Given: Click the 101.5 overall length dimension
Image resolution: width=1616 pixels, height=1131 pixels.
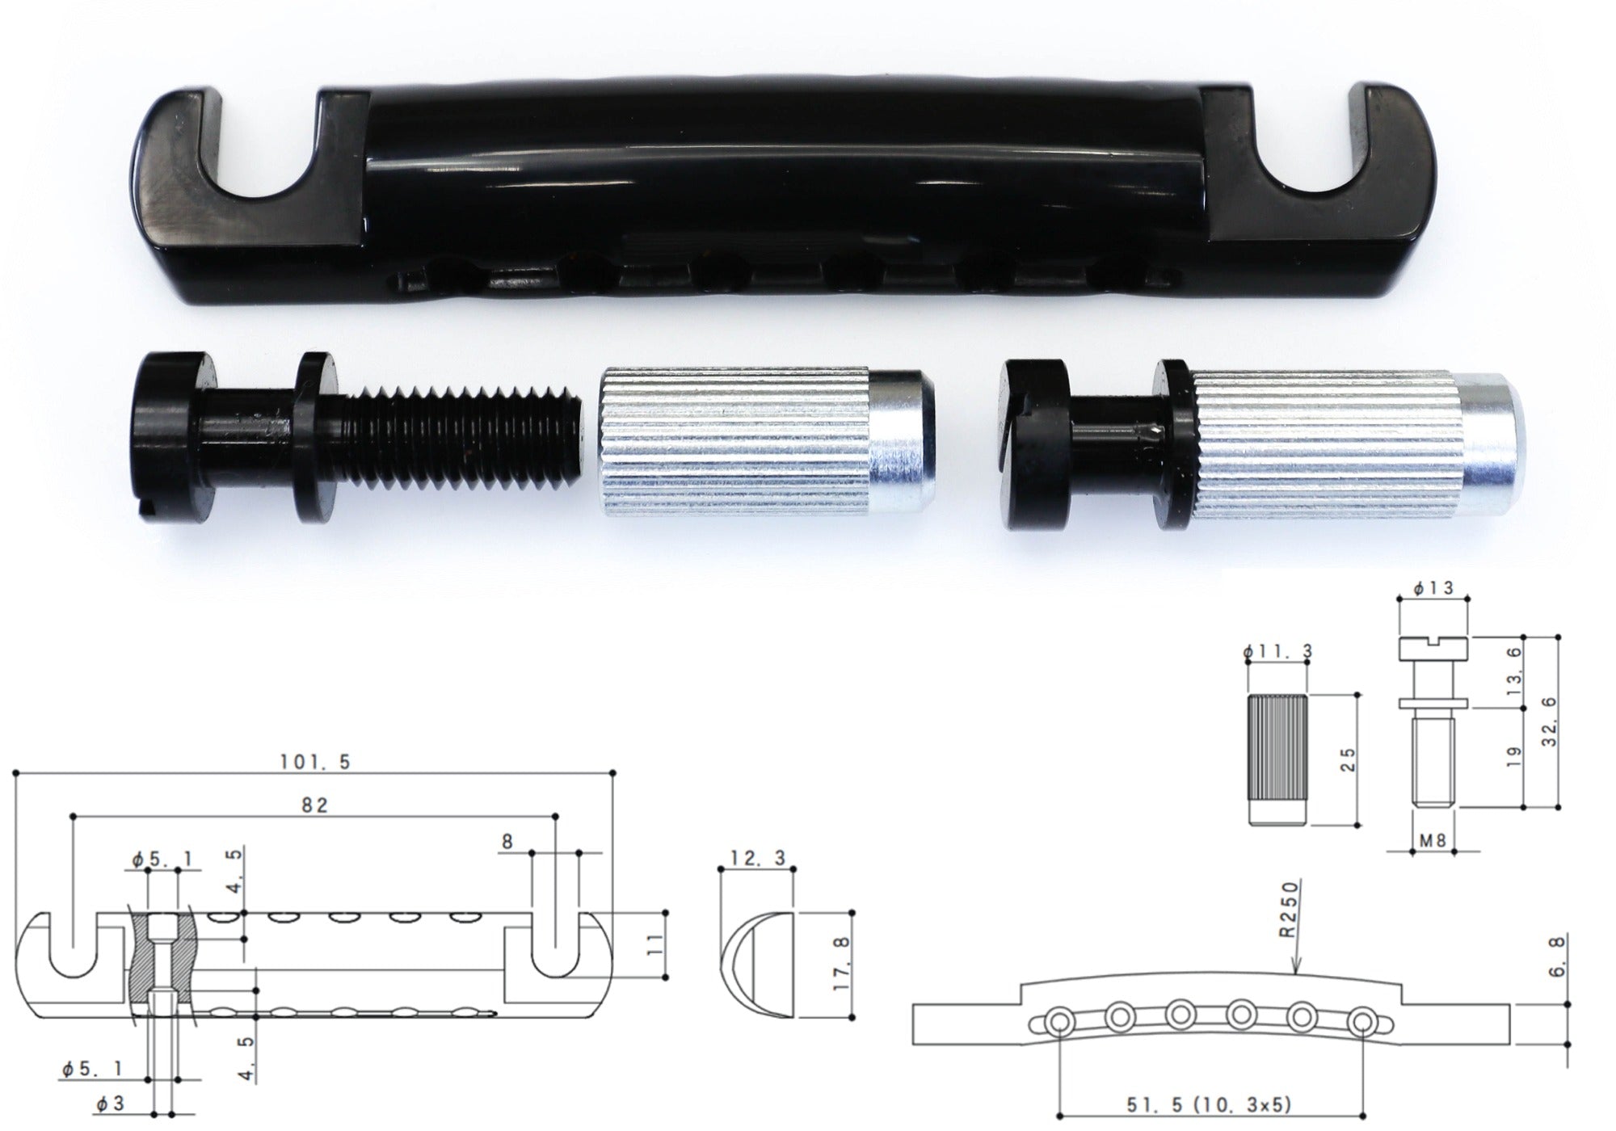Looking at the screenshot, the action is [315, 762].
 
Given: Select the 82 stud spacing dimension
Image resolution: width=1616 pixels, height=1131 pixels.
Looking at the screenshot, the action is [315, 805].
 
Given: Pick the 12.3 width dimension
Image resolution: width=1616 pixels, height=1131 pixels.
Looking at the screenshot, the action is [756, 858].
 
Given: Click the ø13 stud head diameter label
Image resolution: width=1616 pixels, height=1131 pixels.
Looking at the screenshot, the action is [1433, 588].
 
